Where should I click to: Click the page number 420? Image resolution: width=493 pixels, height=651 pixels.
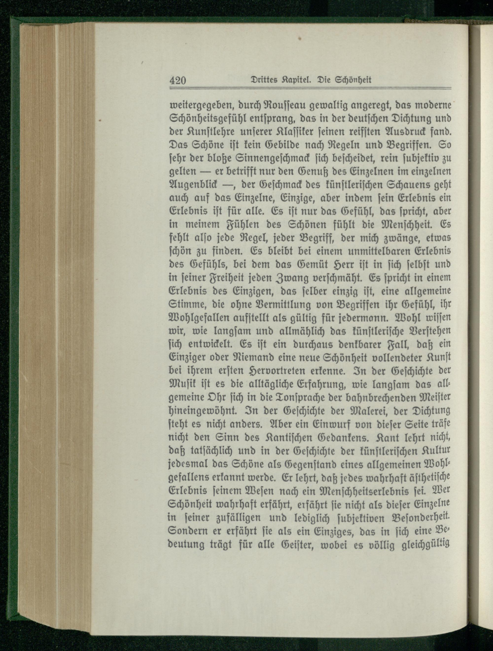177,80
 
